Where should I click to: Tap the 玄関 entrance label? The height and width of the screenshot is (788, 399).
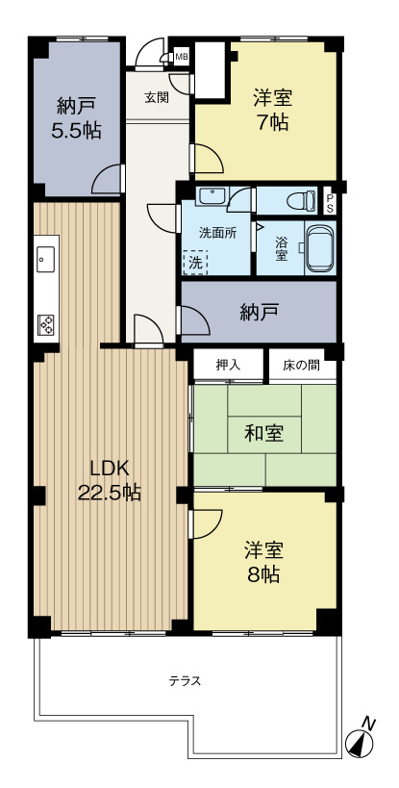click(157, 97)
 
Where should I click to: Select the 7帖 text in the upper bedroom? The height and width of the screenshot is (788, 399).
click(273, 122)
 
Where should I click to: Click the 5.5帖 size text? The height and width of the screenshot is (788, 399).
click(77, 129)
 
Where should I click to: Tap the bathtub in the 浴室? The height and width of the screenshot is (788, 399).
click(318, 250)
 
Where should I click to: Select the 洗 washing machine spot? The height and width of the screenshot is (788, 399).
click(195, 260)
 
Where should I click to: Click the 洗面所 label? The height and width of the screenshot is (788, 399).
click(216, 232)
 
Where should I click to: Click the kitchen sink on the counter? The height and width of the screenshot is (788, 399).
click(44, 258)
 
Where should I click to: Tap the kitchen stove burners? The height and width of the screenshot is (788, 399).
click(45, 324)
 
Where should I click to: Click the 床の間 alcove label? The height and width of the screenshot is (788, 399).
click(302, 366)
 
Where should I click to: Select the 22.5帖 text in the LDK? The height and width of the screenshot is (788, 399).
click(110, 493)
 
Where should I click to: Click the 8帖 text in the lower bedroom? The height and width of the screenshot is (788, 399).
click(262, 575)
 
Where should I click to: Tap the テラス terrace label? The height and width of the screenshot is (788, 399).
click(185, 681)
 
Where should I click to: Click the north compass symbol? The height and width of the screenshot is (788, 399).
click(361, 741)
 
